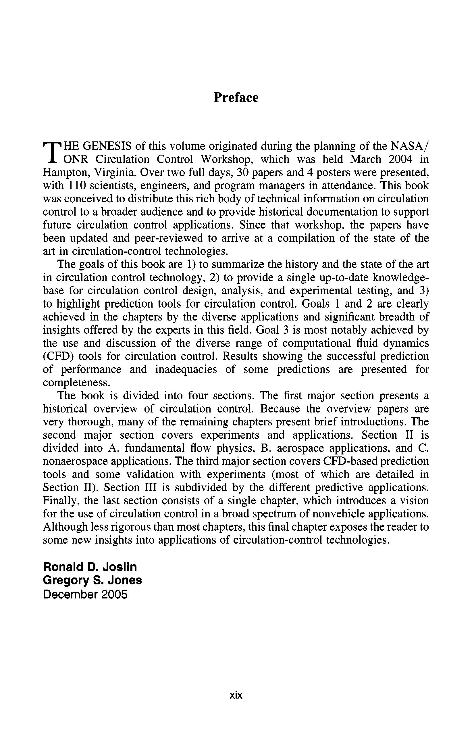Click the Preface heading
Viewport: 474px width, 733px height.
(236, 98)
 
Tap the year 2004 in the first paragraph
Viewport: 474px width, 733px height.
(400, 159)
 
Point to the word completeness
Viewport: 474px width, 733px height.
(76, 383)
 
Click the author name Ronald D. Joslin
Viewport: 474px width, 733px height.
(90, 567)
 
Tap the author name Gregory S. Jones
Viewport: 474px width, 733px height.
(92, 580)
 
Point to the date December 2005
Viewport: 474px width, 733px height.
(85, 594)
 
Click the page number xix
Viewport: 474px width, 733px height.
(236, 695)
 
